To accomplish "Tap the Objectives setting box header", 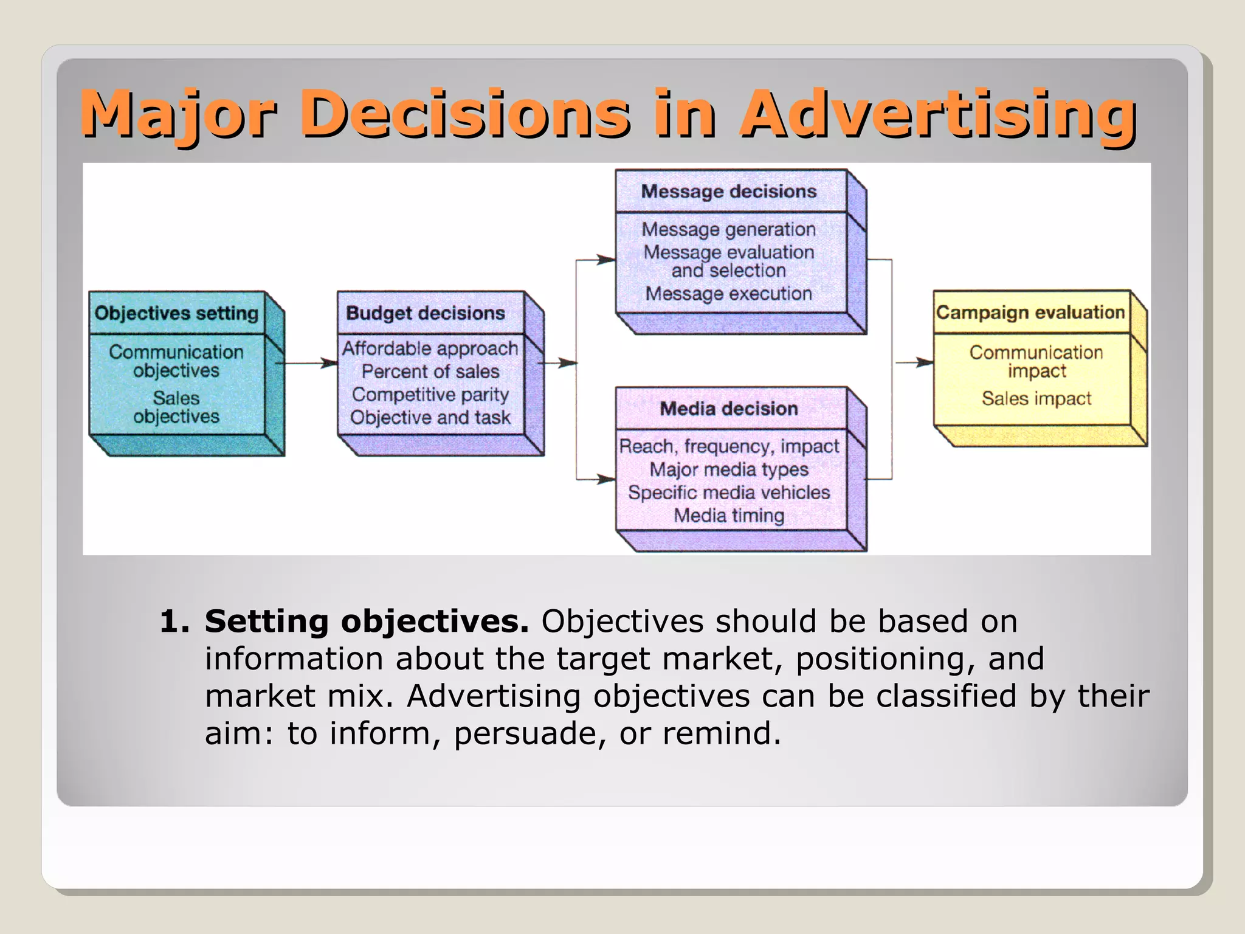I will (x=176, y=313).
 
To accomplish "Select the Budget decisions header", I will (x=426, y=313).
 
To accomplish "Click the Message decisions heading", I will (x=729, y=192).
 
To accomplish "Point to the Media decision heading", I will (x=729, y=409).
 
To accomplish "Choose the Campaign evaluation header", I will (x=1030, y=313).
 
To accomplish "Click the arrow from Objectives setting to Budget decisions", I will (x=307, y=364).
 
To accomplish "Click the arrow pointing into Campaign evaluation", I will (x=916, y=363).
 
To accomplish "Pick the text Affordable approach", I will (x=430, y=348).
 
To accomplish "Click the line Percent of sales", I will (x=430, y=372).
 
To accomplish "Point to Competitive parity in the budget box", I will (x=430, y=395).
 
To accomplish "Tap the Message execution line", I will (x=728, y=294).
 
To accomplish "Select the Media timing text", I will (x=729, y=516).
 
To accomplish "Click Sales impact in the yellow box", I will (x=1036, y=399).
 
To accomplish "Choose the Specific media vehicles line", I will (x=729, y=493).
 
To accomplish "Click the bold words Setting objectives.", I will (x=367, y=621).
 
